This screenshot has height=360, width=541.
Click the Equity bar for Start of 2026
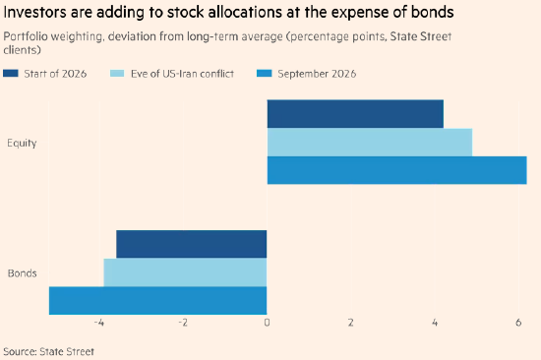355,114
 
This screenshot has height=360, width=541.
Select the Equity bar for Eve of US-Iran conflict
370,143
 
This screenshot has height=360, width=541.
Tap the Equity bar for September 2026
396,170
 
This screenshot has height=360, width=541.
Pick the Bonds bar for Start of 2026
192,244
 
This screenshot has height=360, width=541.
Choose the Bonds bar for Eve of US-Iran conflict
185,272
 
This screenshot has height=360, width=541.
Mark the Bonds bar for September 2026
158,301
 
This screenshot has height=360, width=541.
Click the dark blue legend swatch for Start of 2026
11,73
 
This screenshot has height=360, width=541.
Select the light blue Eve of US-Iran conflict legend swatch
117,73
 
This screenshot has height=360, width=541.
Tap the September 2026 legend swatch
265,73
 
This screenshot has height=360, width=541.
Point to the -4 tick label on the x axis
99,323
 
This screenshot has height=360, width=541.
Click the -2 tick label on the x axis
183,323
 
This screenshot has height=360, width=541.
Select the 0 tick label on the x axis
267,323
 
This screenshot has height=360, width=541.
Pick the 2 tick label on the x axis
350,323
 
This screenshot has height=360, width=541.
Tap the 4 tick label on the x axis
435,323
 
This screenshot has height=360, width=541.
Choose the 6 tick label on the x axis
518,323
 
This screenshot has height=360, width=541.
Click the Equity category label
22,143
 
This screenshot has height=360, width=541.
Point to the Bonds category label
22,273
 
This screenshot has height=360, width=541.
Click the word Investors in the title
34,13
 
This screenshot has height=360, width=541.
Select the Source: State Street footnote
48,351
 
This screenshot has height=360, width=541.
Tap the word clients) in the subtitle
22,50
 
